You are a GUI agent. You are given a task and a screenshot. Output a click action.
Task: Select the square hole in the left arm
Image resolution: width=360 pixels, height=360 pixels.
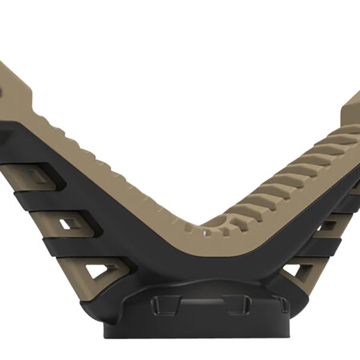click(67, 224)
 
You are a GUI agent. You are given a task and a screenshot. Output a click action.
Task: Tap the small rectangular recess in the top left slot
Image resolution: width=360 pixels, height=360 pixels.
click(36, 175)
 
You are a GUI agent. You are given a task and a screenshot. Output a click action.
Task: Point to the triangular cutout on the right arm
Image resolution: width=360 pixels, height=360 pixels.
click(295, 271)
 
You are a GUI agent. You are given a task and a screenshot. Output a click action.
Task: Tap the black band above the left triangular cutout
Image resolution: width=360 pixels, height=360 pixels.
click(78, 249)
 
